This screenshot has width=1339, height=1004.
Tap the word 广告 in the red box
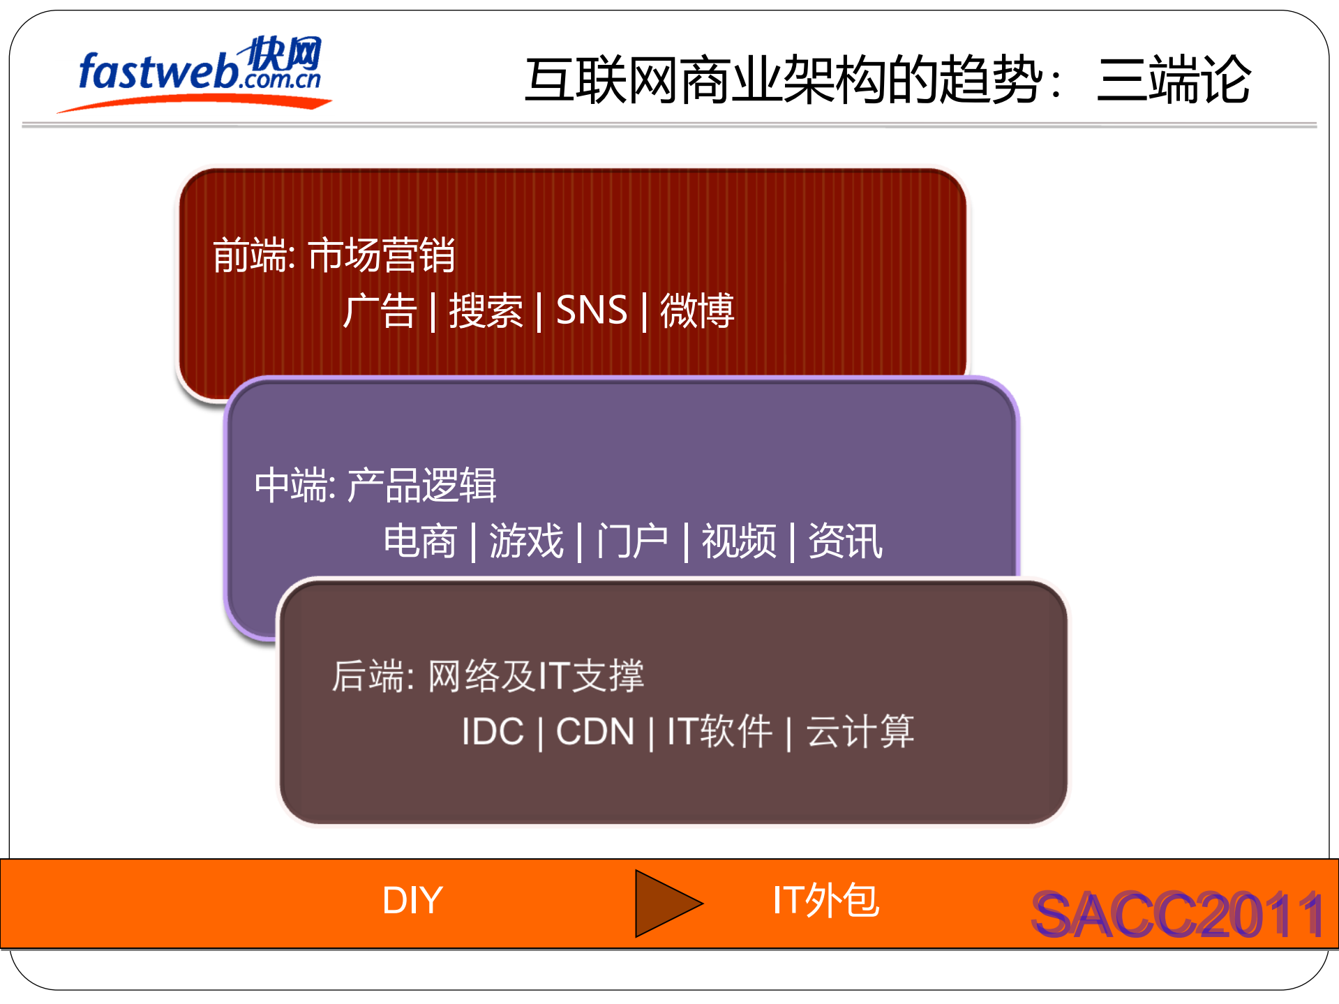pos(380,310)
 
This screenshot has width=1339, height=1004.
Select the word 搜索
pos(486,310)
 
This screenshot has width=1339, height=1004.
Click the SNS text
pos(592,310)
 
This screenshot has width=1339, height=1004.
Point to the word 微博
pos(697,310)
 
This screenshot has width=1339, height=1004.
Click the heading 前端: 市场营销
pos(334,255)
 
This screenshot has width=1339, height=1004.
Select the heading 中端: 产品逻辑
pos(375,486)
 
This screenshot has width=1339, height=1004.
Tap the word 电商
pos(420,541)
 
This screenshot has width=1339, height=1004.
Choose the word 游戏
pos(526,541)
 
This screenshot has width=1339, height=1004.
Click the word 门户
pos(632,541)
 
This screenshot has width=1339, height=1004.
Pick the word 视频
pos(739,541)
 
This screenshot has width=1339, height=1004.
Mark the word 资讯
pos(845,541)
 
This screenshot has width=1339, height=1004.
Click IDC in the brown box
pos(493,732)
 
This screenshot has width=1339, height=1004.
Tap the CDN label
pos(595,732)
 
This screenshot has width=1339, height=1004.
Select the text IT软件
pos(719,732)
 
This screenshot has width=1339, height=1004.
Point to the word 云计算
pos(860,732)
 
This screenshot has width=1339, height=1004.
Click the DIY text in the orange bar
pos(412,901)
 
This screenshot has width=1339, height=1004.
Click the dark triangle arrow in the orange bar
pos(663,904)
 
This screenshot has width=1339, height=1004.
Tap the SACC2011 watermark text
pos(1177,915)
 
